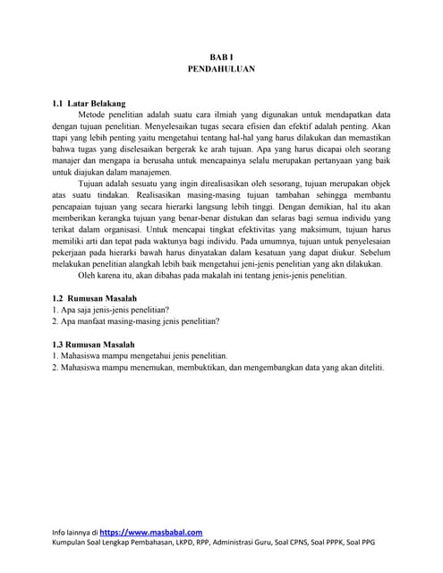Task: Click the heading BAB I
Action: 221,56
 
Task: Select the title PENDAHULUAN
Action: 221,67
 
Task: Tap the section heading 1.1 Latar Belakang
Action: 89,103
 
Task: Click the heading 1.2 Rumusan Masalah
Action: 93,297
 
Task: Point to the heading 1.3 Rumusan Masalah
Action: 93,343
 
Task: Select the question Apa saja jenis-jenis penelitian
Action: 111,309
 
